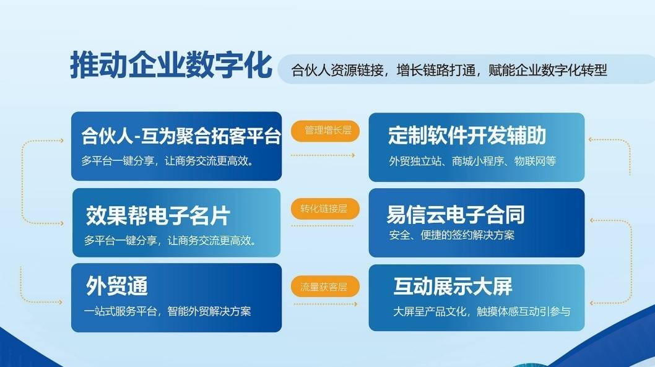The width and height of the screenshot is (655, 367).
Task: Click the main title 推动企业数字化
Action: pyautogui.click(x=171, y=65)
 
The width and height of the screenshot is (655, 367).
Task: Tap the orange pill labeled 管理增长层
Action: pyautogui.click(x=325, y=131)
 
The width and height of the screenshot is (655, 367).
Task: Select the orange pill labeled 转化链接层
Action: pyautogui.click(x=325, y=209)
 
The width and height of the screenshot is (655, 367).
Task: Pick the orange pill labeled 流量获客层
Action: pyautogui.click(x=325, y=287)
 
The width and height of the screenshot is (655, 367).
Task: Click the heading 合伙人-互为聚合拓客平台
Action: pyautogui.click(x=181, y=136)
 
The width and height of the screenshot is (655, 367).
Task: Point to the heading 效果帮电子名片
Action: pyautogui.click(x=158, y=215)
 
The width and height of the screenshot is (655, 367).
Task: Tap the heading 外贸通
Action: pyautogui.click(x=117, y=286)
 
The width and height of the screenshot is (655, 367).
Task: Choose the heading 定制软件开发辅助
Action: pyautogui.click(x=467, y=136)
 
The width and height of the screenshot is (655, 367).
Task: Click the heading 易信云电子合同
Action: pyautogui.click(x=455, y=214)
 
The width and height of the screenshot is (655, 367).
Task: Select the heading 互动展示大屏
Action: pyautogui.click(x=453, y=286)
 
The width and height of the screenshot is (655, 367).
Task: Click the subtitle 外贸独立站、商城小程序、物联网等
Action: pyautogui.click(x=472, y=161)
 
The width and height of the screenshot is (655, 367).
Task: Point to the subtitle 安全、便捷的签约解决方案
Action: pyautogui.click(x=451, y=235)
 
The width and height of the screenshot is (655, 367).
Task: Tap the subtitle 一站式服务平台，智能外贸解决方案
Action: pyautogui.click(x=167, y=311)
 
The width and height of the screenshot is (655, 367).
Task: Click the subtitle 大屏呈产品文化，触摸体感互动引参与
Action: pyautogui.click(x=482, y=311)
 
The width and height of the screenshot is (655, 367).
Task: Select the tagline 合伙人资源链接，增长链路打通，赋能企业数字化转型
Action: pyautogui.click(x=449, y=70)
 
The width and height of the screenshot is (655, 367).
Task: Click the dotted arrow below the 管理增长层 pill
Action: pyautogui.click(x=323, y=155)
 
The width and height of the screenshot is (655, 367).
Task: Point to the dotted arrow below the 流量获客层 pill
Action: pyautogui.click(x=326, y=304)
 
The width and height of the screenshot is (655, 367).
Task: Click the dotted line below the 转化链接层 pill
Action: pyautogui.click(x=322, y=226)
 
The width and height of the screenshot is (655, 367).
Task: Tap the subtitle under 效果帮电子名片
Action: pyautogui.click(x=170, y=241)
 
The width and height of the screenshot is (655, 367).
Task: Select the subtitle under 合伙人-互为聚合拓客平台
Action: pyautogui.click(x=168, y=161)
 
